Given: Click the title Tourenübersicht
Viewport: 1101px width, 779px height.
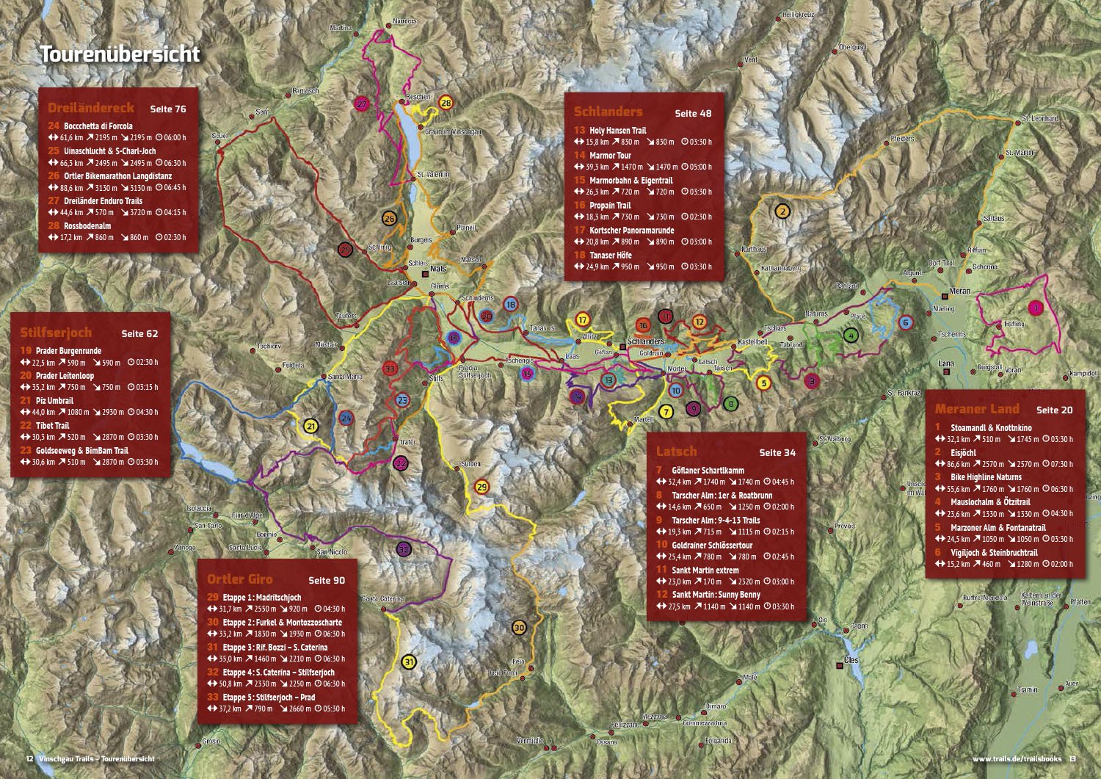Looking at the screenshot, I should coord(120,54).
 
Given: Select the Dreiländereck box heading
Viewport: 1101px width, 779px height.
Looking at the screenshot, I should coord(91,108).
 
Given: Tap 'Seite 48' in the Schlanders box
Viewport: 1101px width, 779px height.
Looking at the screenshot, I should coord(693,113).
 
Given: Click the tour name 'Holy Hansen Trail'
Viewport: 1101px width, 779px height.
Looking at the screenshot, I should coord(617,131).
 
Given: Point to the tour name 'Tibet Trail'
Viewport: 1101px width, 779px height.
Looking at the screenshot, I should coord(52,426).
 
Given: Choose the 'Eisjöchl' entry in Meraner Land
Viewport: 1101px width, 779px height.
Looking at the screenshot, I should coord(963,453).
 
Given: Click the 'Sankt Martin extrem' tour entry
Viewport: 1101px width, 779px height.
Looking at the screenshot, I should coord(705,570).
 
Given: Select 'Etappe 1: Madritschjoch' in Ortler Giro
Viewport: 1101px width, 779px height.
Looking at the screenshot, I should coord(261,598).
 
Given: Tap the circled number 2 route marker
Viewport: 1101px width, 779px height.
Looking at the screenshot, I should coord(782,211).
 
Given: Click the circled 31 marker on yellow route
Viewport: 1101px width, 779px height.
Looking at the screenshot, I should coord(409,662).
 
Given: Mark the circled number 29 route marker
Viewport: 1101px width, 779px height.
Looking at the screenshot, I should coord(482,487).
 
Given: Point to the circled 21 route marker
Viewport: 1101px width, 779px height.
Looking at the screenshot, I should coord(311,427).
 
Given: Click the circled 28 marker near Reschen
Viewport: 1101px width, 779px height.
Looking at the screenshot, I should coord(446,103).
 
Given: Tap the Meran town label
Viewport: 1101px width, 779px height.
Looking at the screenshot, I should coord(959,291).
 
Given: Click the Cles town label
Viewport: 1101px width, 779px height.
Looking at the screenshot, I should coord(851,660).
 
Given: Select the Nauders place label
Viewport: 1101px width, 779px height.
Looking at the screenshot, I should coord(404,21).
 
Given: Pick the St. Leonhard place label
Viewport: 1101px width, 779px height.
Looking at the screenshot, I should coord(1040,118).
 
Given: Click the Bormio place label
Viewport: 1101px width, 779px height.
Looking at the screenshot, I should coord(266,535).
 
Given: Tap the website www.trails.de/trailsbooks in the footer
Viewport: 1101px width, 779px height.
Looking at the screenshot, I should coord(1017,758).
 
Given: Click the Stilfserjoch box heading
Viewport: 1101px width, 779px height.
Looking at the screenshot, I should coord(56,333).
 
